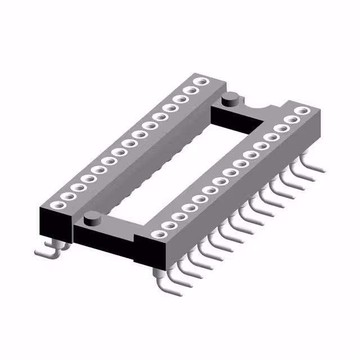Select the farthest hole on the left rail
coord(197,83)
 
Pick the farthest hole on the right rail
coord(303,111)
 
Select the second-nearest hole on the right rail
coord(166,226)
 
